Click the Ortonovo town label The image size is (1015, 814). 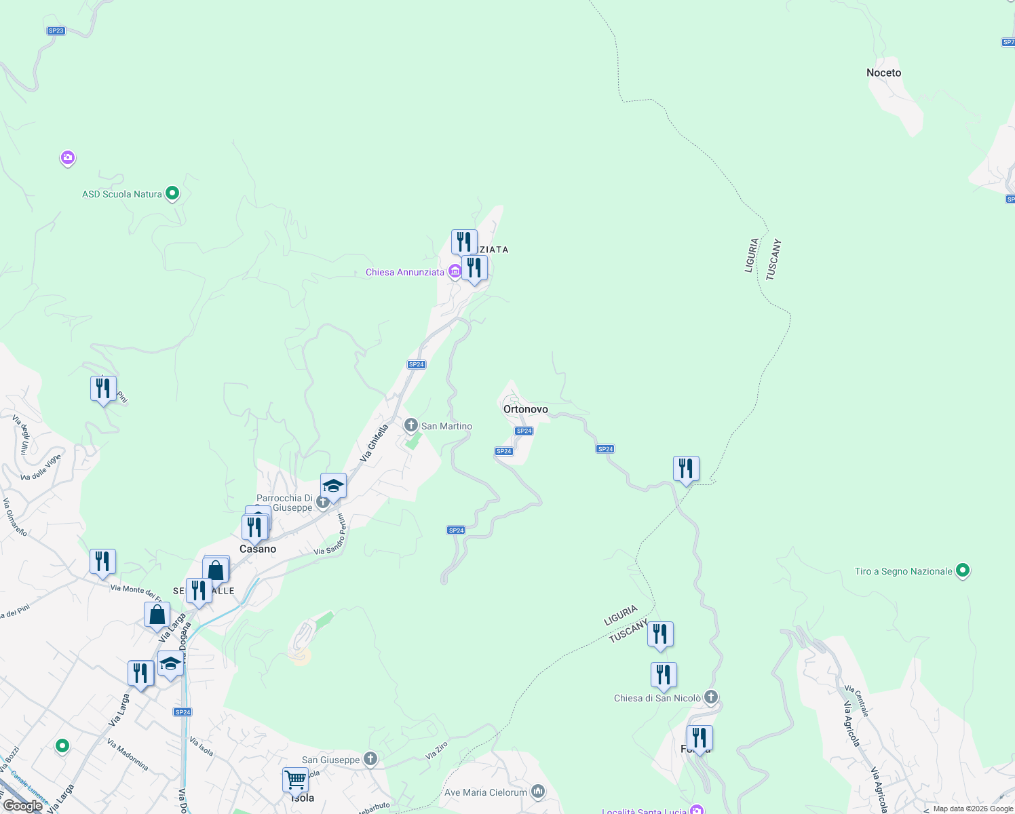tap(525, 409)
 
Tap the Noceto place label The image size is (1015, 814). tap(883, 73)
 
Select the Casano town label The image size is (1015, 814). tap(258, 549)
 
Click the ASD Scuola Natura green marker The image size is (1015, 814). tap(172, 193)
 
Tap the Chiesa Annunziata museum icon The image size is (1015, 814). tap(455, 272)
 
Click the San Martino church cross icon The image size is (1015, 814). tap(410, 425)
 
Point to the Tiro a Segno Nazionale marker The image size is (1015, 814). tap(962, 570)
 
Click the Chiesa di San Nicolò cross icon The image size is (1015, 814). tap(710, 697)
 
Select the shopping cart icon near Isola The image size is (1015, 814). tap(295, 780)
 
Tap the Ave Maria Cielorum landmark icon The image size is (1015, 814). tap(537, 791)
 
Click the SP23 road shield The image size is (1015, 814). tap(56, 31)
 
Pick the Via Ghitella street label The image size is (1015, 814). tap(375, 443)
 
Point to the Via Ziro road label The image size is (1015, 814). tap(436, 750)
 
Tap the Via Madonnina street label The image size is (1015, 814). tap(128, 754)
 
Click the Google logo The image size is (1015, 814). tap(23, 806)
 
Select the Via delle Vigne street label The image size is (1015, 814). tap(41, 467)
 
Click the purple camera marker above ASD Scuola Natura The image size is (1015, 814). tap(67, 158)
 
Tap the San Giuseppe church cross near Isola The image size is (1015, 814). tap(370, 758)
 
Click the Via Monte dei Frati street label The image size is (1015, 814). tap(136, 592)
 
